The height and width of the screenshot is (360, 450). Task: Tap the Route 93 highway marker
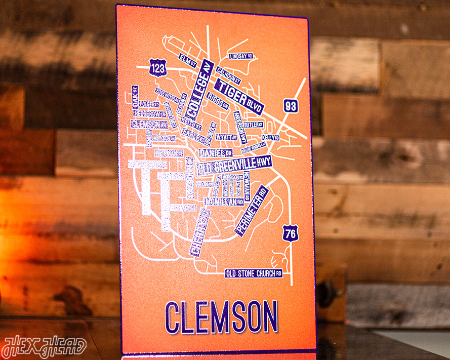pos(291,106)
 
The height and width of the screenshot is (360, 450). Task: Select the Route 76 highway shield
pos(291,234)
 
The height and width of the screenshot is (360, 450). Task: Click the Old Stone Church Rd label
pos(254,273)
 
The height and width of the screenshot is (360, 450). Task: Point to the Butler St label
pos(253,125)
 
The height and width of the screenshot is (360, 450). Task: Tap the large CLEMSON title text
pos(221,317)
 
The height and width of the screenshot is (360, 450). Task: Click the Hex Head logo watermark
pos(44,347)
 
